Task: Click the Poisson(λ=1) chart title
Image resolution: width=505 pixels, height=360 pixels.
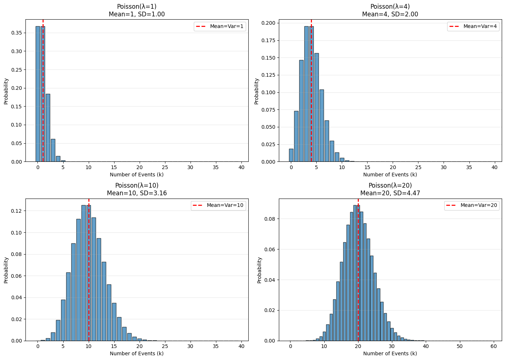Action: click(x=137, y=7)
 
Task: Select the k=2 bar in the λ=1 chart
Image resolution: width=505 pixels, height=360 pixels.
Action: click(x=48, y=128)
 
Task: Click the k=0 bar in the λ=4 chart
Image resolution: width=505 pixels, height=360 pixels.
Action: click(x=291, y=155)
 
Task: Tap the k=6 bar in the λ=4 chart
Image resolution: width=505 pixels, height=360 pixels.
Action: click(x=321, y=125)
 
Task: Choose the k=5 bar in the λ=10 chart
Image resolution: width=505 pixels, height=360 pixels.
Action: click(x=63, y=320)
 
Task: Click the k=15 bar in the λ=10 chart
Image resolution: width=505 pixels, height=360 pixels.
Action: click(x=114, y=322)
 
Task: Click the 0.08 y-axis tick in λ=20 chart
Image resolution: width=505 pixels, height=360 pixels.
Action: click(x=270, y=219)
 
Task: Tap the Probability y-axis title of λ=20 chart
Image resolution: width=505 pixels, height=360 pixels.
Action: click(x=260, y=270)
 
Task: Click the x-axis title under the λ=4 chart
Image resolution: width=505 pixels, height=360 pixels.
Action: click(x=390, y=175)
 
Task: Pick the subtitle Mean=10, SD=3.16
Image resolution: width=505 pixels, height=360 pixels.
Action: click(x=137, y=193)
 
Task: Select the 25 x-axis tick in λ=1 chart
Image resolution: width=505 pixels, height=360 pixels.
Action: click(x=165, y=167)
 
